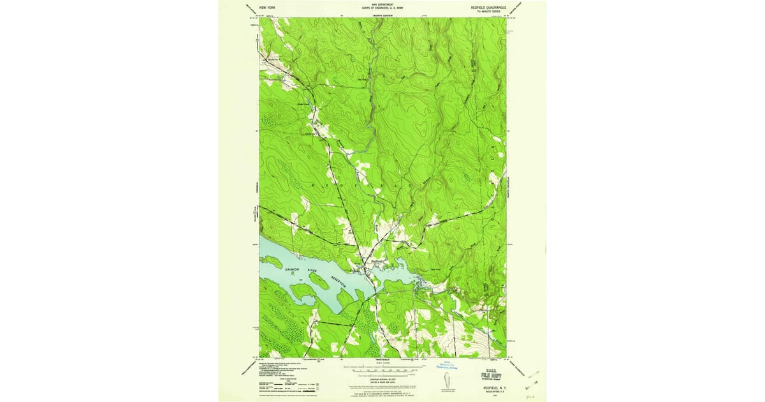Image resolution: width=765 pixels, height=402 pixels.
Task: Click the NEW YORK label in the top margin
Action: point(267,7)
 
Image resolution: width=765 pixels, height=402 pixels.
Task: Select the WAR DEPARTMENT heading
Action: point(382,4)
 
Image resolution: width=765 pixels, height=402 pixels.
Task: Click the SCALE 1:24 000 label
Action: point(382,364)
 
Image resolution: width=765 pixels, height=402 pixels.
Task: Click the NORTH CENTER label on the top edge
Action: point(382,13)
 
